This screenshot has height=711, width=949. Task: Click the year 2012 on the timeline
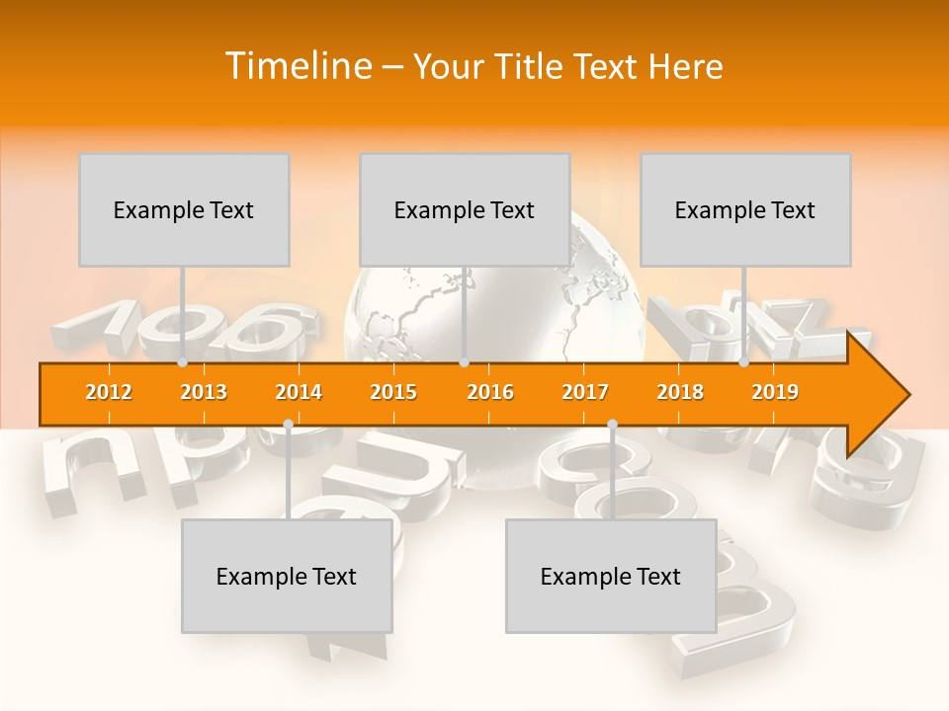coord(109,392)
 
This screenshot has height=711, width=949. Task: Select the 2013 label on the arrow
coord(204,392)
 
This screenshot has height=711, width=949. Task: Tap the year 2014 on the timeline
coord(299,392)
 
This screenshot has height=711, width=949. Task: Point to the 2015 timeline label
coord(393,392)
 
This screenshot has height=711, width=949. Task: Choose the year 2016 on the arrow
coord(490,392)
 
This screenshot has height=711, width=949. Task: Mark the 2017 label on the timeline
coord(585,392)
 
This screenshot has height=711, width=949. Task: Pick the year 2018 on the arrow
coord(680,392)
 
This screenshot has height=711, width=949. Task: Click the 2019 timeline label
coord(775,392)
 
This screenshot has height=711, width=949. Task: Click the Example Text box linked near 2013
coord(184,209)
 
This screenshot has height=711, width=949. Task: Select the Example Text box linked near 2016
coord(465,209)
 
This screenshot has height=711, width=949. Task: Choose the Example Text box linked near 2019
coord(745,209)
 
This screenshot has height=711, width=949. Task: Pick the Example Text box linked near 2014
coord(287,576)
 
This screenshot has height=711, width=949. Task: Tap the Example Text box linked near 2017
coord(611,576)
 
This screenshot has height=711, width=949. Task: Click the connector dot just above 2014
coord(288,425)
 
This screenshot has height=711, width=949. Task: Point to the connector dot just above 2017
coord(612,425)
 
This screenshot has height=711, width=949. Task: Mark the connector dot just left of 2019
coord(744,362)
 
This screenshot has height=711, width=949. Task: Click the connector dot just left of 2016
coord(464,362)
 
